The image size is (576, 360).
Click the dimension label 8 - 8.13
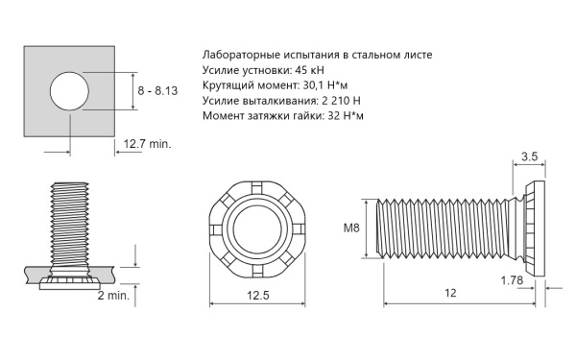(157, 91)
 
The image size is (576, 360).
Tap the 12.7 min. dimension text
(147, 144)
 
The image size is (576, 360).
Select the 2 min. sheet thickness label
(113, 296)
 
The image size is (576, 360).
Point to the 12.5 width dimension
(258, 296)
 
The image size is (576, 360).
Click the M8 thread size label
(351, 228)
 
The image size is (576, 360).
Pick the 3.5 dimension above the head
(529, 156)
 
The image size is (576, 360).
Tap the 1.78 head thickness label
(512, 280)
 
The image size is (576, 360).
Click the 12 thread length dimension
(450, 293)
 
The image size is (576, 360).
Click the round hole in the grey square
(69, 91)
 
